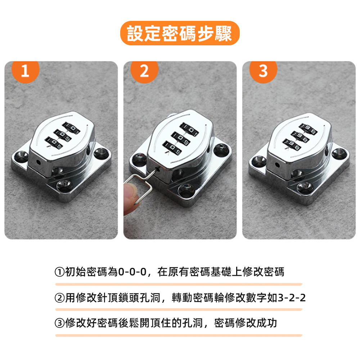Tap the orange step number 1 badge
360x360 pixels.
click(x=25, y=72)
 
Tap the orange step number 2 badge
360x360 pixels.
click(x=144, y=72)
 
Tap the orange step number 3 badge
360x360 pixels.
click(x=263, y=72)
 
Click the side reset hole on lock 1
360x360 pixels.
click(x=39, y=162)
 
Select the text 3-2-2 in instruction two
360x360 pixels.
click(x=291, y=298)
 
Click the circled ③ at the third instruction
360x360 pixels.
click(x=59, y=323)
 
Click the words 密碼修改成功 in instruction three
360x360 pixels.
click(x=245, y=323)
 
